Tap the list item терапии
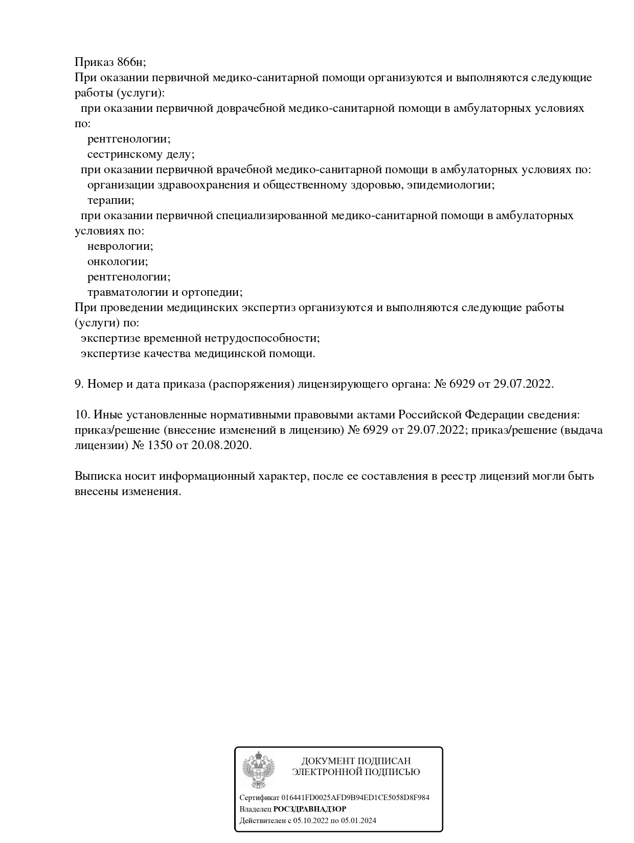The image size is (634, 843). point(110,200)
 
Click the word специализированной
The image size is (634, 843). point(271,216)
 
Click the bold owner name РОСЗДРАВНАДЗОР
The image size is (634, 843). point(310,809)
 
